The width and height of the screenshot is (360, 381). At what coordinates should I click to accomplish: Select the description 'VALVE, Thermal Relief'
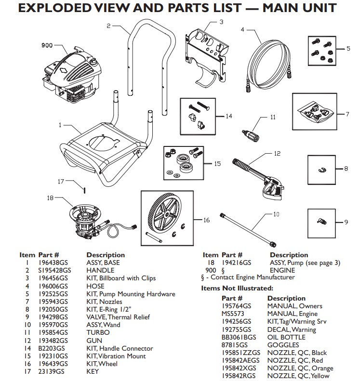(x=119, y=317)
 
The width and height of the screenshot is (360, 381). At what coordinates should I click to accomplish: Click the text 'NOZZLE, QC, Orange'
(x=298, y=368)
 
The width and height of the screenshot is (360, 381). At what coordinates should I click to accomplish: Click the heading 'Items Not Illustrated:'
(x=237, y=289)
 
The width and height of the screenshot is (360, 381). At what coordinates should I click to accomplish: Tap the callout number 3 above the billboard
(x=221, y=22)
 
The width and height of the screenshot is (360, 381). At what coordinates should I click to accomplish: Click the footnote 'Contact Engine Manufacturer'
(x=250, y=277)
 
